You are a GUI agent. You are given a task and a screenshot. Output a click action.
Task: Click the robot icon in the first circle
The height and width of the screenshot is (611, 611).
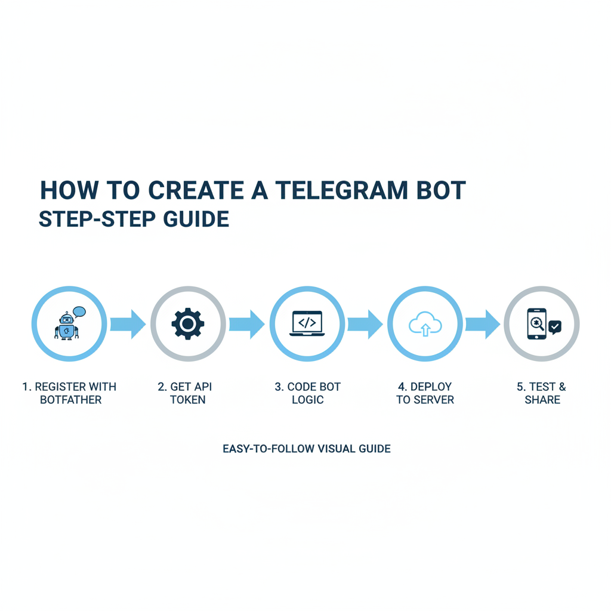point(66,326)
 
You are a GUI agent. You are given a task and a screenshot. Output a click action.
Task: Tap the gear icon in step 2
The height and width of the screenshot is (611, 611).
point(188,324)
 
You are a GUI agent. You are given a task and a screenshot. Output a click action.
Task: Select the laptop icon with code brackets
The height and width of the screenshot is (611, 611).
point(306,323)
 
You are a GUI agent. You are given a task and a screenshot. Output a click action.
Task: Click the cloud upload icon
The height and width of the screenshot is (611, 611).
point(425,325)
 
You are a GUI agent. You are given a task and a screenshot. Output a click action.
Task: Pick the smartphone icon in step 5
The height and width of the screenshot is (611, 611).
point(537,324)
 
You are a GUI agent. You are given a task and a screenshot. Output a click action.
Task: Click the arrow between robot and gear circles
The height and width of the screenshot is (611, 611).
point(128,324)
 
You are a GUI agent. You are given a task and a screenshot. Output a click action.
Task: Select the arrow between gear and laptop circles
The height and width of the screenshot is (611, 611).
point(247,324)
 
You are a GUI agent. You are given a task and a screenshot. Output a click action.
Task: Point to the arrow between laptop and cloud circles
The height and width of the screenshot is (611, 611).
point(365,324)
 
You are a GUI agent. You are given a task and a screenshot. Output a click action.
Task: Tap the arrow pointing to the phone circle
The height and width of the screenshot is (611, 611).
point(483,324)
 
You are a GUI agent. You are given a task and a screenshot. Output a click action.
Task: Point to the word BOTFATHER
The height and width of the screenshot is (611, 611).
point(71,400)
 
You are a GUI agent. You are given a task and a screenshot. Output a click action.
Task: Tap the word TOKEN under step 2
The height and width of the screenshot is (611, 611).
point(188,400)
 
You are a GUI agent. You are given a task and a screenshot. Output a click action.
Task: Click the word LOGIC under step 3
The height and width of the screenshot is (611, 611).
point(308,400)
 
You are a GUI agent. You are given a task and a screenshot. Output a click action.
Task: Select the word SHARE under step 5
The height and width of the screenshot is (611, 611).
point(542,400)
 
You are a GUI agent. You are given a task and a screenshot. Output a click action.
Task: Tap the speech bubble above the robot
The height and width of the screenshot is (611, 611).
point(79,311)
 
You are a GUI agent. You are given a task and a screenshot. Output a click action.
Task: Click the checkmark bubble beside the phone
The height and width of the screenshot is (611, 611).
point(555,327)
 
